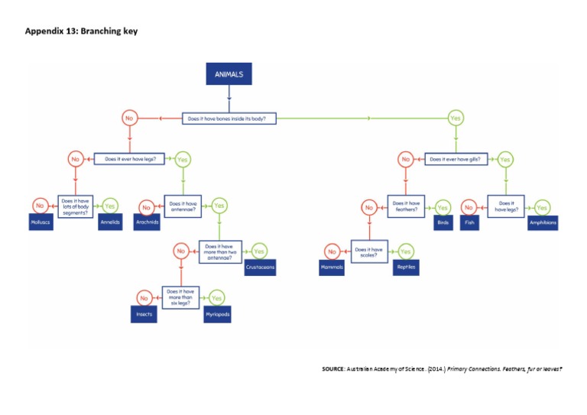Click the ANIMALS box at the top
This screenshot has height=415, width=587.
(x=229, y=75)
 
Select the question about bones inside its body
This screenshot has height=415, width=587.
(x=229, y=118)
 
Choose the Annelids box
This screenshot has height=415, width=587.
(x=110, y=223)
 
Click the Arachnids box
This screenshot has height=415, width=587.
(x=147, y=223)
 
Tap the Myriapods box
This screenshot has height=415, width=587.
(x=217, y=314)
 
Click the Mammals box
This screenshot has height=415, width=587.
(x=332, y=268)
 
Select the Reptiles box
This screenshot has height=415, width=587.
(x=405, y=268)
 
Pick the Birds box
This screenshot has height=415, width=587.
(x=443, y=223)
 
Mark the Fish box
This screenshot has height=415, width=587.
(x=469, y=223)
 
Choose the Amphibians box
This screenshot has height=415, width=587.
(x=542, y=223)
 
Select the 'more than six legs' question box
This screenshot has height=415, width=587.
(x=180, y=297)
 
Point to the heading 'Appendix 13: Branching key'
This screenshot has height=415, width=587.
(x=81, y=31)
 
